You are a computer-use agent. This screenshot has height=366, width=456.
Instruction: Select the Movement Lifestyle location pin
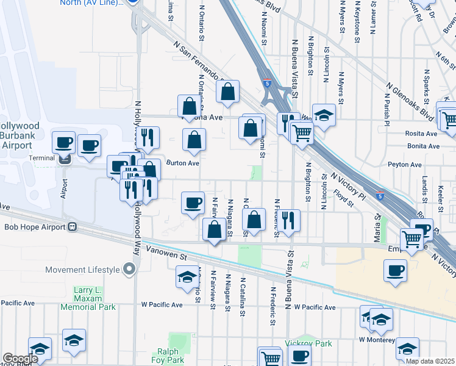pos(129,269)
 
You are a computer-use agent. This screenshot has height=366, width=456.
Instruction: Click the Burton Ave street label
pos(183,163)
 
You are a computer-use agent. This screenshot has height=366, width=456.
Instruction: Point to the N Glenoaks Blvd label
pos(409,101)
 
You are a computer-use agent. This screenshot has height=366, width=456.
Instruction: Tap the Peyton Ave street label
pos(405,165)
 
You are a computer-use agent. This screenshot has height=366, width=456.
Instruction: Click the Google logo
pos(20,359)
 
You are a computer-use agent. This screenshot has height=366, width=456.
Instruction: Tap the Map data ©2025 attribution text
pos(430,361)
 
